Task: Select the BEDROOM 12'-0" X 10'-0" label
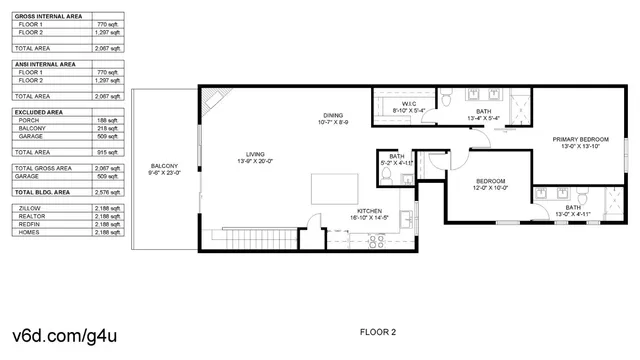tap(491, 184)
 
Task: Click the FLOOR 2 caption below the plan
tap(378, 331)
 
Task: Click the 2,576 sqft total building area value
tap(107, 190)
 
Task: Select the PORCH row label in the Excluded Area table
tap(30, 120)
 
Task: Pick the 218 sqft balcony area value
tap(107, 128)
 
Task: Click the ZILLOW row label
tap(31, 208)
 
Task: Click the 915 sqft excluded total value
tap(107, 152)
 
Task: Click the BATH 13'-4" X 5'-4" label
tap(483, 114)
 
